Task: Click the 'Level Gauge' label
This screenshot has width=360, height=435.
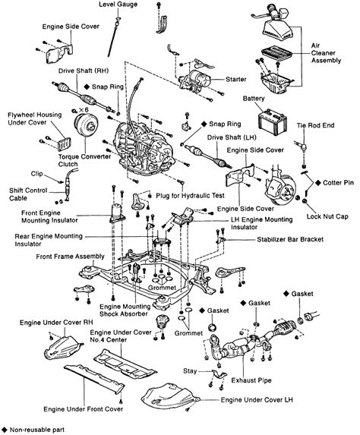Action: point(118,5)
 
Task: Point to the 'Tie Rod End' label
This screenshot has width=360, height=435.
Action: point(316,125)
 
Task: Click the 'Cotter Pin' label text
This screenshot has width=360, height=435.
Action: point(338,182)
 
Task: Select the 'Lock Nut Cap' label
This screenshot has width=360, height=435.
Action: point(327,216)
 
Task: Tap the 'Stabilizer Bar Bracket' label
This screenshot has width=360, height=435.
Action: point(290,239)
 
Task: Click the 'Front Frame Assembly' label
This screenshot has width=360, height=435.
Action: point(70,257)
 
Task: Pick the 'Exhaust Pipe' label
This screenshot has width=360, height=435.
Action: point(251,380)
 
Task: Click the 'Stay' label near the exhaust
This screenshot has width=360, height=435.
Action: point(190,371)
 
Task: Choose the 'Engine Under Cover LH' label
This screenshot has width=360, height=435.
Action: point(257,400)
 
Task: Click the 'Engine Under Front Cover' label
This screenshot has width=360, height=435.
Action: point(84,409)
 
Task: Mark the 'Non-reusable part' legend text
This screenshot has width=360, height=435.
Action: point(37,430)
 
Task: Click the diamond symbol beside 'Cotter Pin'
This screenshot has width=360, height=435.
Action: point(318,182)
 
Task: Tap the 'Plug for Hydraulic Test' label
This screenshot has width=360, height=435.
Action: point(190,196)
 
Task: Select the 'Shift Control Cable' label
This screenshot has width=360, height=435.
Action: point(28,194)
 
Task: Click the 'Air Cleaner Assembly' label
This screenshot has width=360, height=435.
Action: point(326,53)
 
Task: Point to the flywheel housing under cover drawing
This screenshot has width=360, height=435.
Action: point(64,144)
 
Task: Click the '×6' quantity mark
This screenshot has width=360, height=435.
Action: point(84,110)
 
